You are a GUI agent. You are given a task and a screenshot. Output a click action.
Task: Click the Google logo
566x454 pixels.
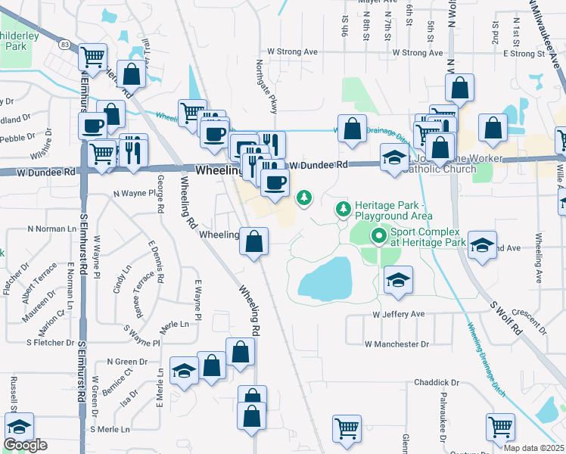coord(26,445)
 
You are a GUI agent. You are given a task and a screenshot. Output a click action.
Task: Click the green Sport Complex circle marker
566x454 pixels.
coord(378,237)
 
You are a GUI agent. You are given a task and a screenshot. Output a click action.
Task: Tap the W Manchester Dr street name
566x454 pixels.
coord(397,344)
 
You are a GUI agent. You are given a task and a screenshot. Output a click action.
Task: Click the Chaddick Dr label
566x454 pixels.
coord(437,383)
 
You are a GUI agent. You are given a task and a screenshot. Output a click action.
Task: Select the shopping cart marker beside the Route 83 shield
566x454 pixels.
coord(92,56)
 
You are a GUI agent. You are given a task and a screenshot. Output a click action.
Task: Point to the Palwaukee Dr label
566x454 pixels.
coord(444,412)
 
